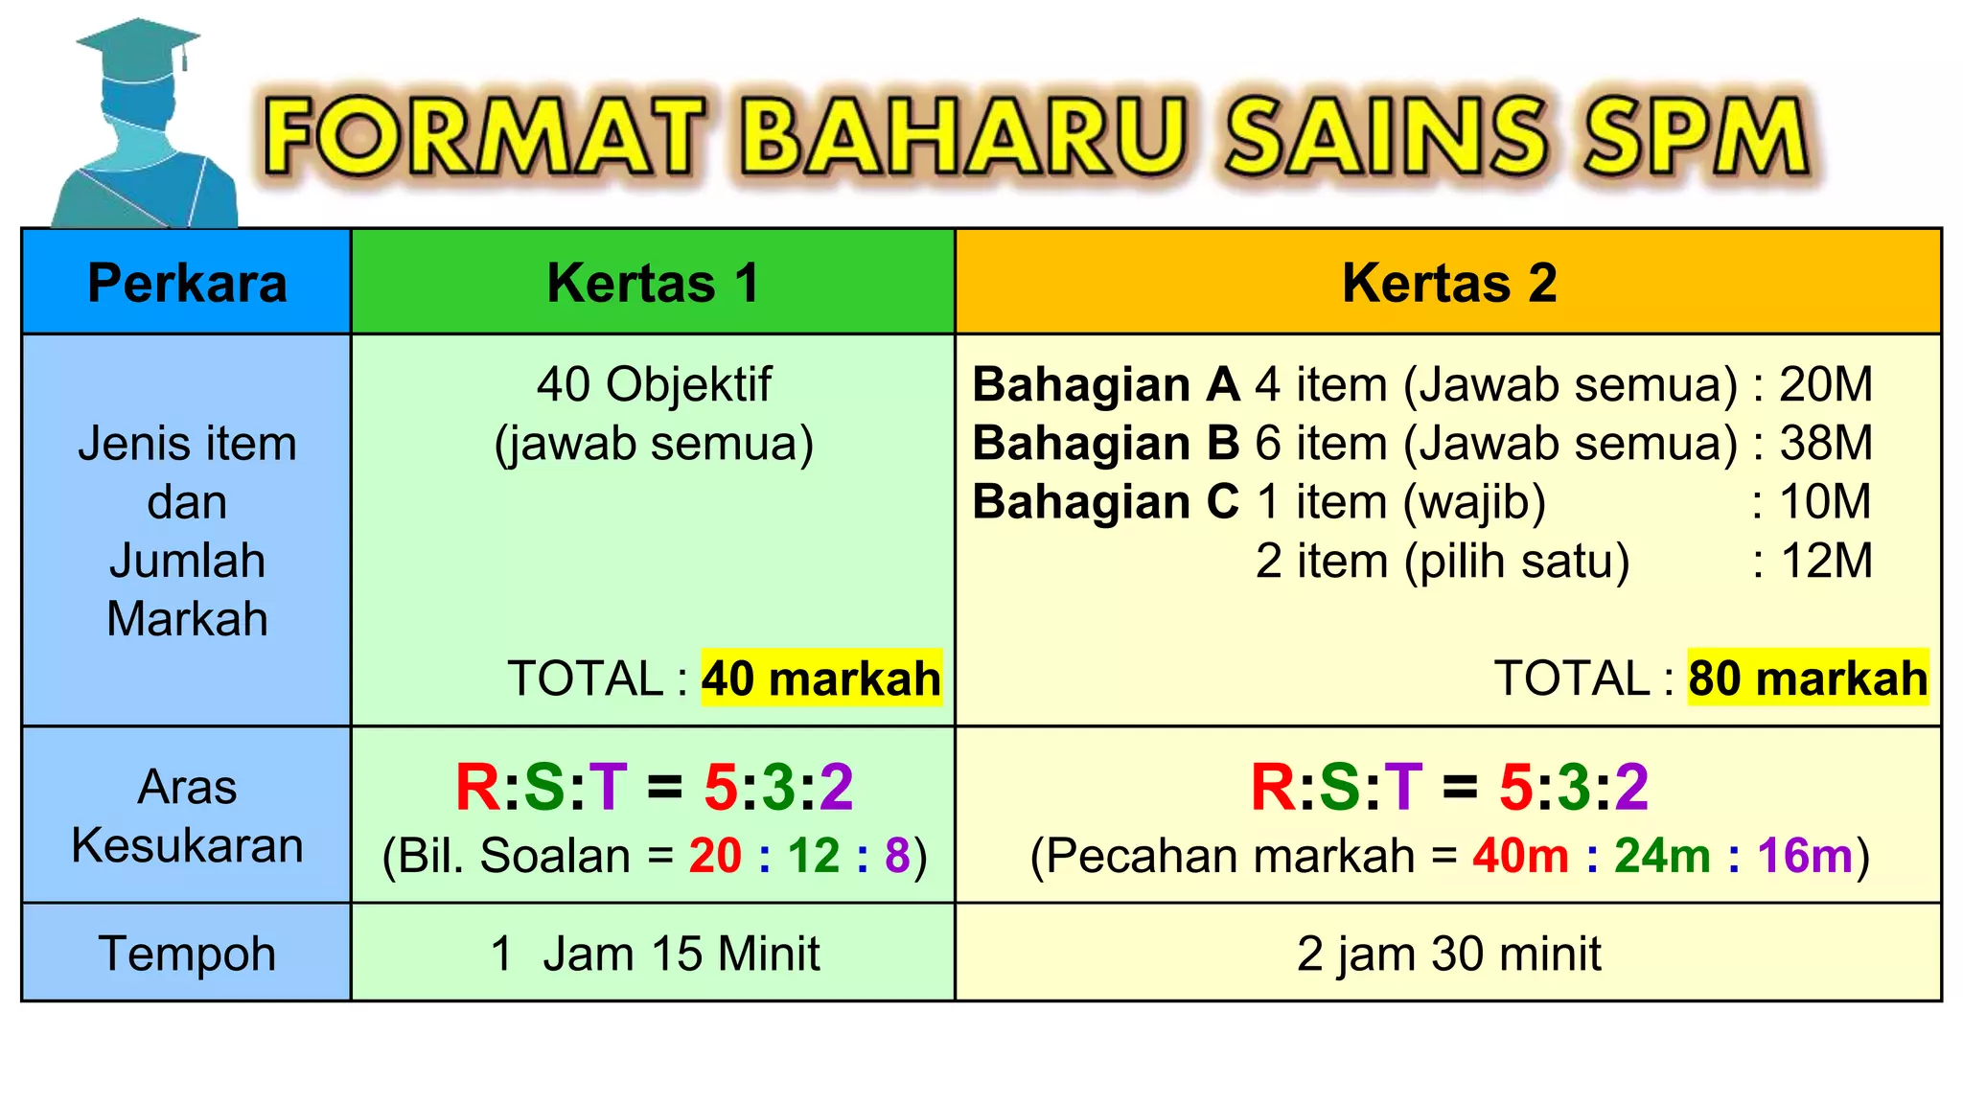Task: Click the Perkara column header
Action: coord(187,283)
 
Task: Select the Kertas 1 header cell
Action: coord(653,283)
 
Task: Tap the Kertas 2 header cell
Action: coord(1448,283)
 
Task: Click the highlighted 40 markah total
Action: coord(820,678)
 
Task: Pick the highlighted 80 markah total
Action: coord(1807,678)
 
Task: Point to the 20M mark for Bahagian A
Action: coord(1825,385)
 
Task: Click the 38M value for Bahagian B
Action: coord(1825,444)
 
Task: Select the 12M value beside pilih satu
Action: coord(1825,561)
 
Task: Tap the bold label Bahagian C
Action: coord(1105,502)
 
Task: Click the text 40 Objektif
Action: coord(654,385)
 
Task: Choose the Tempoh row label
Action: coord(187,954)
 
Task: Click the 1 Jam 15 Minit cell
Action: coord(655,954)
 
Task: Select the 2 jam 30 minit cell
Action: coord(1448,954)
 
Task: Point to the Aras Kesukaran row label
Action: coord(187,816)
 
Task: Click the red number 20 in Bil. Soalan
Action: coord(715,856)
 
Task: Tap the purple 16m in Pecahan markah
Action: coord(1805,856)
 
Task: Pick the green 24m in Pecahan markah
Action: coord(1662,856)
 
